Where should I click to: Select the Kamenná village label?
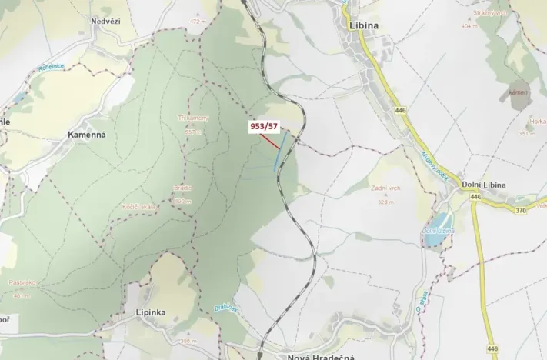[x=86, y=135]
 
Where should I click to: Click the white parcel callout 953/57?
[x=263, y=125]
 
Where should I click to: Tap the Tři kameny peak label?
[x=192, y=118]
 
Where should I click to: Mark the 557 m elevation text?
[x=192, y=132]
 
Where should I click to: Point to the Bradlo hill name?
[x=182, y=188]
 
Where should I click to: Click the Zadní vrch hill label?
[x=385, y=188]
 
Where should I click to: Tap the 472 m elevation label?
[x=199, y=22]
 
